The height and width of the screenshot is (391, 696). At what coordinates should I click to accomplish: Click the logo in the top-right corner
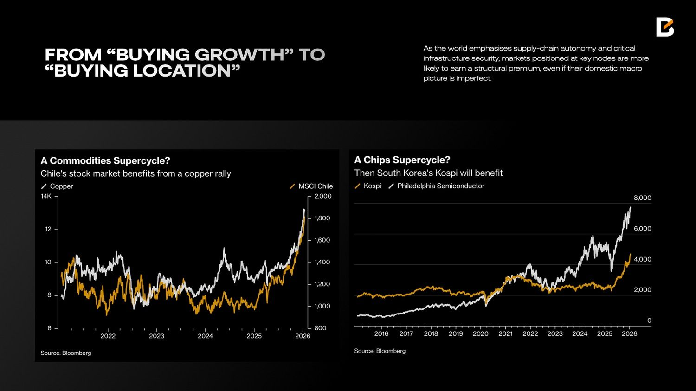[x=664, y=27]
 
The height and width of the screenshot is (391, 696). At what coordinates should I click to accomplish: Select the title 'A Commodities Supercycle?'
[x=105, y=161]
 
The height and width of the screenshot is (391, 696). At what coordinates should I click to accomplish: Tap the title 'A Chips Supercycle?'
[x=402, y=160]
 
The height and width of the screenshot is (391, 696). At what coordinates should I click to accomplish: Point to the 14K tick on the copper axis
[x=46, y=196]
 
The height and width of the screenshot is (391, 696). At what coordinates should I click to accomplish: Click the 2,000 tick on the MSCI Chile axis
[x=323, y=196]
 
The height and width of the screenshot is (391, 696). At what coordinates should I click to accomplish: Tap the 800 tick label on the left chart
[x=320, y=328]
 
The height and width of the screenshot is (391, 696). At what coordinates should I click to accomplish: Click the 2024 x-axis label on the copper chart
[x=205, y=336]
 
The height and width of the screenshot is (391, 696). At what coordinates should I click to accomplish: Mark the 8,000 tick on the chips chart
[x=643, y=198]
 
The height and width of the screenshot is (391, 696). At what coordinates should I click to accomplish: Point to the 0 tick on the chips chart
[x=649, y=320]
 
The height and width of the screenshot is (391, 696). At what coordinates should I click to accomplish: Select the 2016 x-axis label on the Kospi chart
[x=381, y=334]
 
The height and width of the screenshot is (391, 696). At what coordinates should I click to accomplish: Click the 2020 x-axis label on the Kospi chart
[x=480, y=334]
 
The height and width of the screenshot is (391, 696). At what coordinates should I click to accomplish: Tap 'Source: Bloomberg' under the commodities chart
[x=66, y=353]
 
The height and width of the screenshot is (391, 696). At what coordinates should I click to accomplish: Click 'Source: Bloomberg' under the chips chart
[x=380, y=351]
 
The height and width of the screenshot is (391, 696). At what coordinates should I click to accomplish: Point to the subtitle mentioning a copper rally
[x=135, y=174]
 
